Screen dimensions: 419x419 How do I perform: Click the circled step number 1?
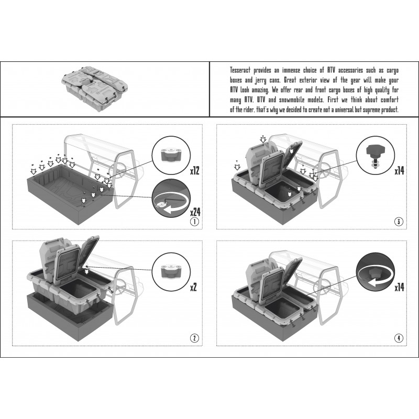click(x=194, y=221)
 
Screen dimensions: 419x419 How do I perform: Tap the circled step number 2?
click(x=194, y=338)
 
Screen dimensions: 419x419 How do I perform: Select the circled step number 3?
click(x=399, y=221)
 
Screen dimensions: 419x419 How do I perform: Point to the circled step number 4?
click(x=399, y=338)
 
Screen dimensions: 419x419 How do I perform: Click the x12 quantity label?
click(x=194, y=171)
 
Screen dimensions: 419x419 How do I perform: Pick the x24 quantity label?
click(x=195, y=212)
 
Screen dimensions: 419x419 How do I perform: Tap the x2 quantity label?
click(x=193, y=288)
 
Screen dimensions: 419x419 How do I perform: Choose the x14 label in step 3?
click(x=400, y=171)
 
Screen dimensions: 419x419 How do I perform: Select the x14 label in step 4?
click(x=400, y=288)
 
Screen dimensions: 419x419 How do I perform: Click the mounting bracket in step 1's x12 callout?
click(x=171, y=154)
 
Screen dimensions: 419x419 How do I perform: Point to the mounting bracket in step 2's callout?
click(x=171, y=271)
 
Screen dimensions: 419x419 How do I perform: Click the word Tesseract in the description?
click(x=240, y=70)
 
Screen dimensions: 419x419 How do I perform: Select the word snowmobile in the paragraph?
click(x=292, y=100)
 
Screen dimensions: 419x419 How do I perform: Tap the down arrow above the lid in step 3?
click(x=263, y=139)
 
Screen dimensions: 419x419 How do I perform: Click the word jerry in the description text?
click(x=260, y=80)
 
